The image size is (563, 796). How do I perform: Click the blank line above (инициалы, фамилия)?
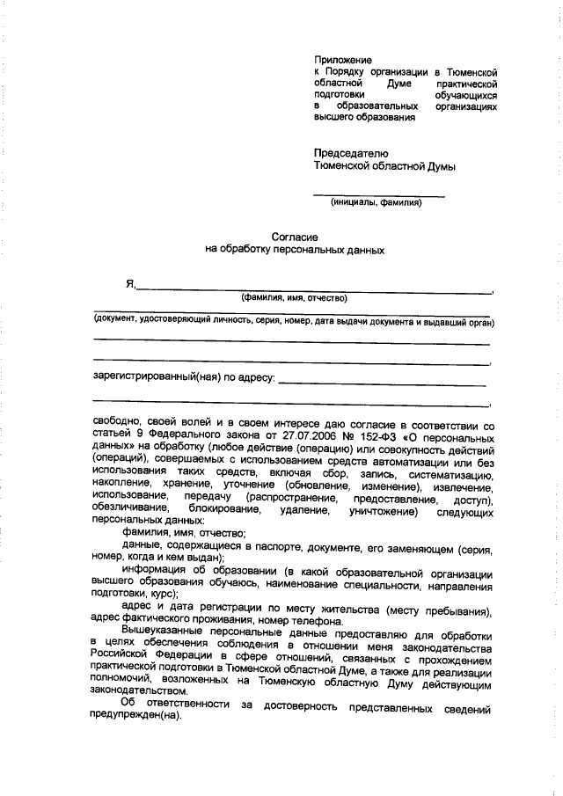pos(379,194)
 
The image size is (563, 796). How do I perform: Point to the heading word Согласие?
pos(294,237)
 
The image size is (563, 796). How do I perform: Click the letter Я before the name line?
pos(130,284)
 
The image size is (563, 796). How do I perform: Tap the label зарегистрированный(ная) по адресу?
pos(184,378)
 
